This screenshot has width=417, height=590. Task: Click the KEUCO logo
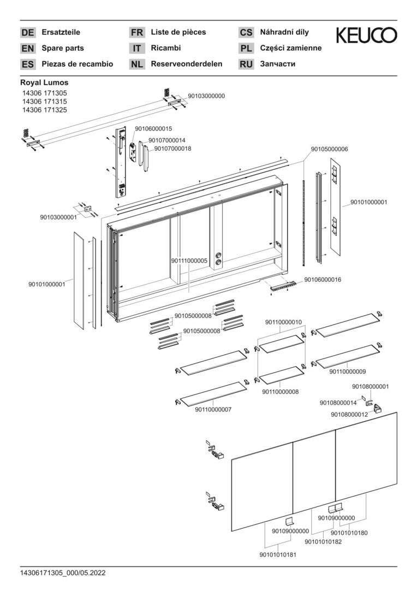point(366,36)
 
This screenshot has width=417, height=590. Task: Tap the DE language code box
point(27,33)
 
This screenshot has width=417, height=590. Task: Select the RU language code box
point(246,64)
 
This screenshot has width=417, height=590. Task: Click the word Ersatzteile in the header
point(61,32)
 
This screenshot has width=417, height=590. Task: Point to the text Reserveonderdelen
point(186,64)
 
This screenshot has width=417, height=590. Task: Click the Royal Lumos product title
point(44,82)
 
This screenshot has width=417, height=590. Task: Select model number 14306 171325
point(44,110)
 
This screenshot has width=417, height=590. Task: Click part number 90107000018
point(172,148)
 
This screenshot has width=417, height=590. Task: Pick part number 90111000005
point(189,261)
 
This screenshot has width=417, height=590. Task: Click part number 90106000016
point(323,280)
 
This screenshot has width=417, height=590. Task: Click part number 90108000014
point(338,403)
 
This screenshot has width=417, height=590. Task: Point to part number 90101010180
point(349,533)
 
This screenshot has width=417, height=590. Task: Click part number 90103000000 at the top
point(206,96)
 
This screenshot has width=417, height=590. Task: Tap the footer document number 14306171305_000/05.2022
point(63,573)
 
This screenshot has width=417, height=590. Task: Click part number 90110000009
point(348,371)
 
